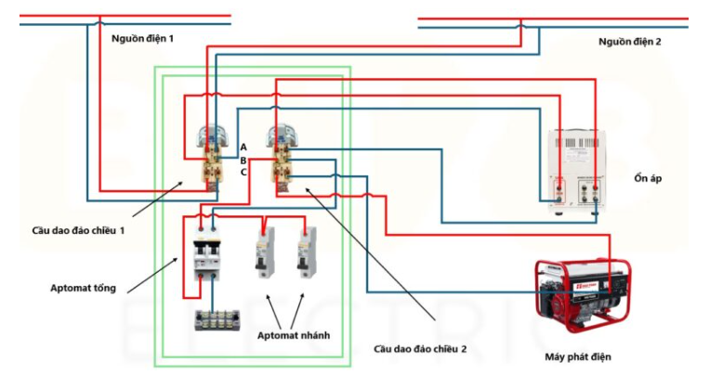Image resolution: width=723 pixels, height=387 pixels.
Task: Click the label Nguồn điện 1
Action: click(142, 38)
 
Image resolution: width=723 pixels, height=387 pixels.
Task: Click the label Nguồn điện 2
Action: click(629, 42)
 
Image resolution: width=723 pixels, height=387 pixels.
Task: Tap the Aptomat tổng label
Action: click(84, 288)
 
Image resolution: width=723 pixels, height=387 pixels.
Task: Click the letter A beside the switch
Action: click(244, 148)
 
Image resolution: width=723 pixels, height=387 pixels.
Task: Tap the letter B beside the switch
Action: click(244, 160)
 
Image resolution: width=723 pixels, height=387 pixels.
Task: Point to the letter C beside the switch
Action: click(244, 172)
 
